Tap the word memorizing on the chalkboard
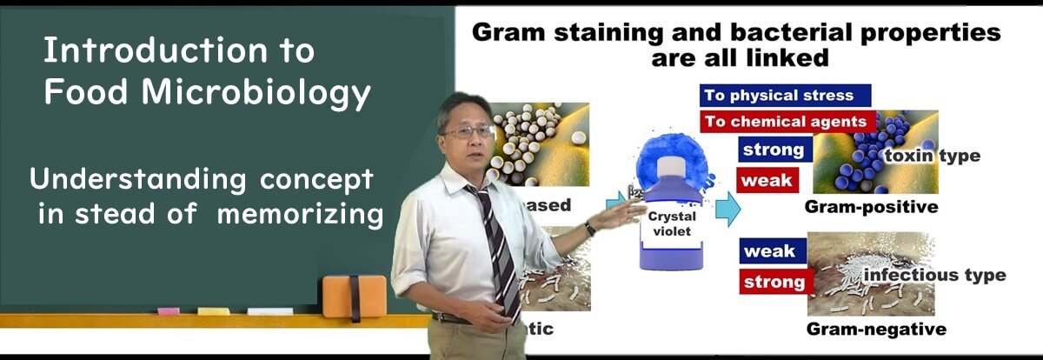point(301,215)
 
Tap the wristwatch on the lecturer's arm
point(589,229)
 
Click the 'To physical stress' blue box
point(786,96)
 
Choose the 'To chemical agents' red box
point(786,122)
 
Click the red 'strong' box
point(774,282)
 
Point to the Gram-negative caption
point(875,330)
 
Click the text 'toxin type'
point(932,157)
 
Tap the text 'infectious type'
point(934,276)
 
